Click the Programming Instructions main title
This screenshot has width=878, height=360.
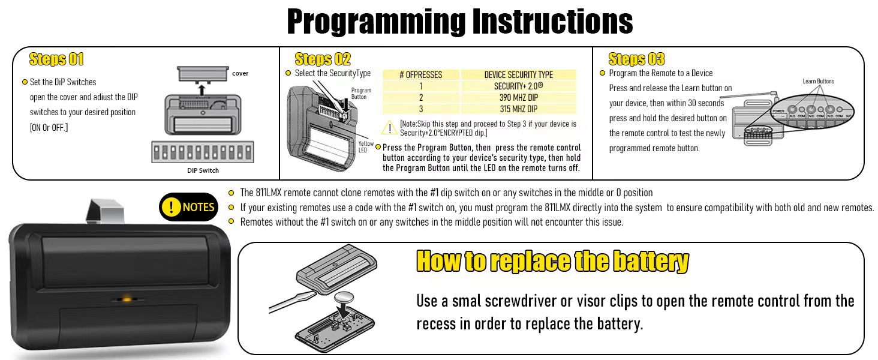pyautogui.click(x=460, y=22)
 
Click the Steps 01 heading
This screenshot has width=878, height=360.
pyautogui.click(x=56, y=59)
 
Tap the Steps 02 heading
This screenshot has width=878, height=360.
pyautogui.click(x=323, y=59)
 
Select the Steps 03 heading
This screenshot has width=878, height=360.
pyautogui.click(x=636, y=59)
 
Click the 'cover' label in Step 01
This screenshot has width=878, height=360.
pyautogui.click(x=240, y=73)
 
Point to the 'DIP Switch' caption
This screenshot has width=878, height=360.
pyautogui.click(x=203, y=170)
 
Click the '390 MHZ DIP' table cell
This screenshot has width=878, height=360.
pyautogui.click(x=519, y=97)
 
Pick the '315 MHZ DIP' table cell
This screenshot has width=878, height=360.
pyautogui.click(x=519, y=109)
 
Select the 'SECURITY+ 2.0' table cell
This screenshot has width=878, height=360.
pyautogui.click(x=519, y=86)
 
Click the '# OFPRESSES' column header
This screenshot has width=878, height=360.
pyautogui.click(x=420, y=74)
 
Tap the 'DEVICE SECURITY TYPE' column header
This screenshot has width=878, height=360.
pyautogui.click(x=519, y=74)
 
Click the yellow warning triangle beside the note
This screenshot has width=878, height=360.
pyautogui.click(x=389, y=127)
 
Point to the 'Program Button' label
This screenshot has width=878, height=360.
pyautogui.click(x=361, y=94)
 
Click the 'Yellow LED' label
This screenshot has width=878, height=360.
pyautogui.click(x=366, y=146)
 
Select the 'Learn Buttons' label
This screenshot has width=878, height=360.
pyautogui.click(x=818, y=81)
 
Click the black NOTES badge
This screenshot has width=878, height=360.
pyautogui.click(x=188, y=207)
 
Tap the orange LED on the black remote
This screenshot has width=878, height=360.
pyautogui.click(x=126, y=299)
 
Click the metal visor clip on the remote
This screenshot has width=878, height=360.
pyautogui.click(x=105, y=212)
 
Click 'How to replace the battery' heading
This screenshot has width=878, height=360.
pyautogui.click(x=552, y=261)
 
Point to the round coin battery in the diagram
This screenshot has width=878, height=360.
pyautogui.click(x=344, y=298)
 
